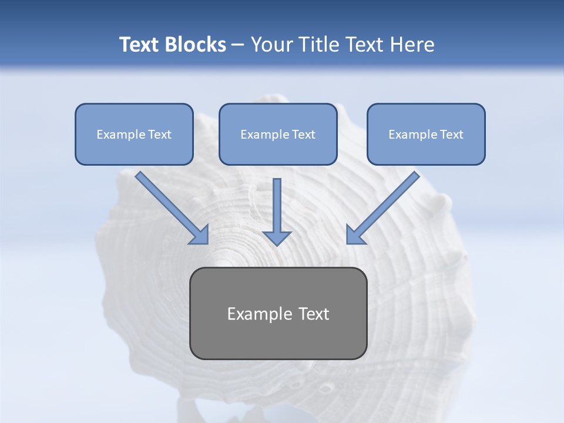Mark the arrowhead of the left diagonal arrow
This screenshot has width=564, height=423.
(x=201, y=236)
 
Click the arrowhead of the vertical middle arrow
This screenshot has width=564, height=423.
(x=277, y=238)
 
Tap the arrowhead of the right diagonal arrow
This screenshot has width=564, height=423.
(x=354, y=236)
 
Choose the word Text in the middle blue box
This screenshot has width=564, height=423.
(x=303, y=135)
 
